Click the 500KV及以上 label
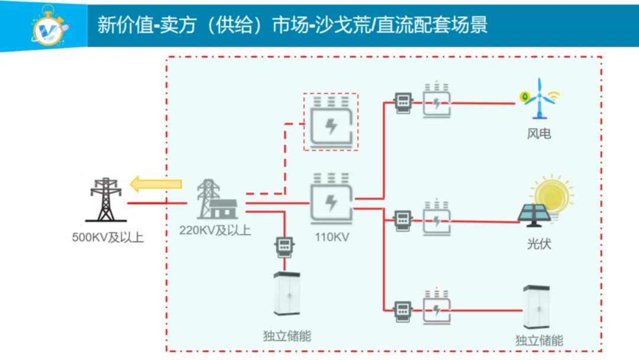point(108,239)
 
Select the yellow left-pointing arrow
point(156,184)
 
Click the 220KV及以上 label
point(215,230)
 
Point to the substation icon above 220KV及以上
point(216,200)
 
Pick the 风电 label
point(538,134)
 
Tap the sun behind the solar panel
point(553,192)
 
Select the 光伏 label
point(539,243)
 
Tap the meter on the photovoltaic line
point(404,220)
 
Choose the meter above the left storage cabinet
point(285,246)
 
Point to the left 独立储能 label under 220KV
point(287,336)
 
